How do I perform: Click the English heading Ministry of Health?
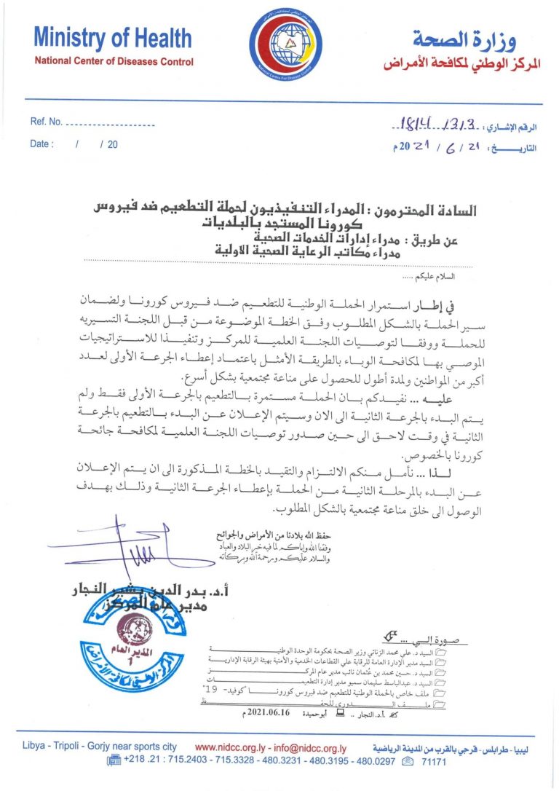113,38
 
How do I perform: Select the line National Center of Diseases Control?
114,62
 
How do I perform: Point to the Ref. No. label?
47,122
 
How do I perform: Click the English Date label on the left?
41,144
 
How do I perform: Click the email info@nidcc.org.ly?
312,748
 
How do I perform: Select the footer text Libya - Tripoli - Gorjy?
88,748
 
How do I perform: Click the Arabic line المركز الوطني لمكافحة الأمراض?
463,64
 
